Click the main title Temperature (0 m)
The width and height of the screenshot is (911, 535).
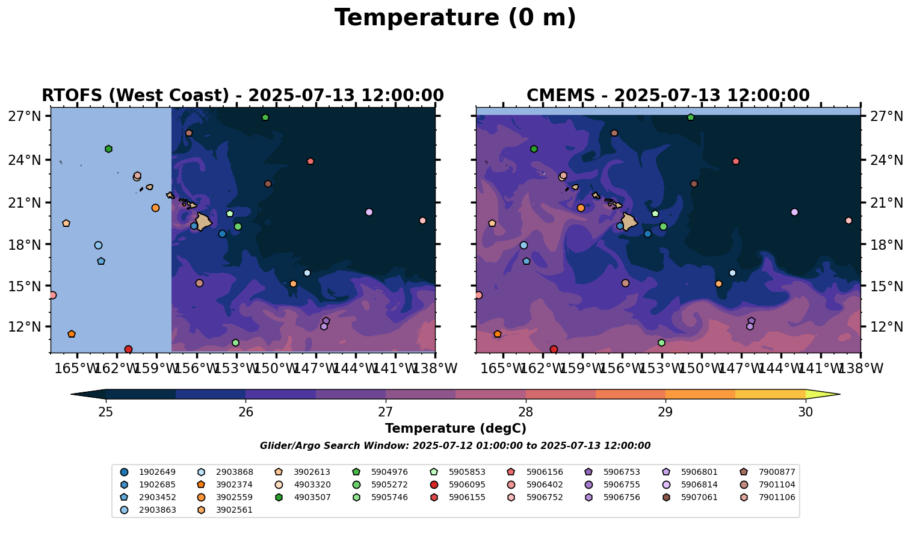coord(455,18)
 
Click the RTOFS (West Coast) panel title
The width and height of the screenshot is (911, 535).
coord(242,96)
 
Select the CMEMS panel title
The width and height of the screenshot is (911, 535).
coord(668,96)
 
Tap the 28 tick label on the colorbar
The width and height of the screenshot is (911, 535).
coord(525,412)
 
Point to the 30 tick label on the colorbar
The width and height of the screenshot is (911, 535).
coord(805,412)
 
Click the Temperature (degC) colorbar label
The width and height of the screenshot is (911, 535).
coord(455,428)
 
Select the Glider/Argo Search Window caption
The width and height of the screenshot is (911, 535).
coord(455,446)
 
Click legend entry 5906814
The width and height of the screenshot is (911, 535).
coord(700,484)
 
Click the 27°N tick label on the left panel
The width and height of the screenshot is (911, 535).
coord(24,116)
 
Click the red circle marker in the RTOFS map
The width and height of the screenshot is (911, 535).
coord(128,349)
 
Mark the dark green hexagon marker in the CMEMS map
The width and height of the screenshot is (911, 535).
coord(534,149)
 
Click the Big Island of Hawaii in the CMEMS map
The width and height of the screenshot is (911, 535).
coord(629,221)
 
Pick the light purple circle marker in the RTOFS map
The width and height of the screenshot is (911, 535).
coord(369,212)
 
